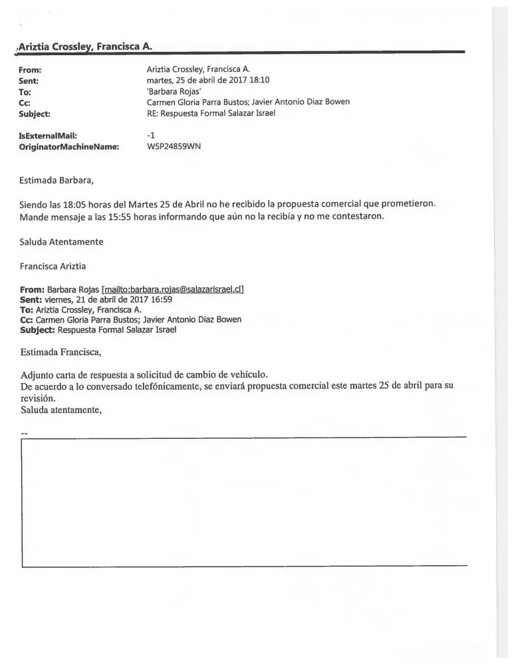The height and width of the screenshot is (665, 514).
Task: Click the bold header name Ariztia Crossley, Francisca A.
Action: click(86, 47)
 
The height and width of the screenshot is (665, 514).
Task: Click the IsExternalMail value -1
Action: click(150, 135)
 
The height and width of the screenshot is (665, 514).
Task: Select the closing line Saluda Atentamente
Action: click(62, 241)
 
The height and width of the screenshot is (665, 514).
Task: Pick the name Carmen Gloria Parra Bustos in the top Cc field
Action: click(195, 102)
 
